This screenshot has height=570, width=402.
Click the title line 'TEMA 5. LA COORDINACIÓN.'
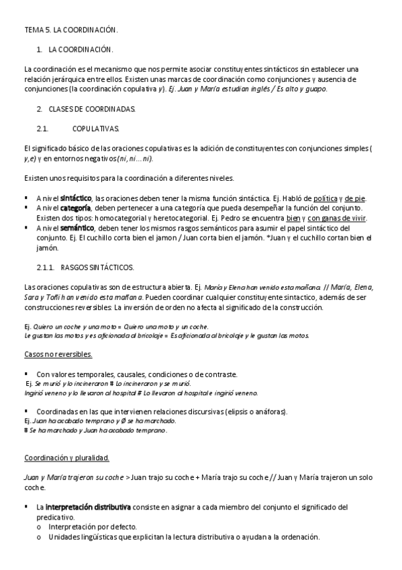pyautogui.click(x=70, y=30)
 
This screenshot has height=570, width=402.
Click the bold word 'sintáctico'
pyautogui.click(x=76, y=199)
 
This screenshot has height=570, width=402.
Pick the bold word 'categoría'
pyautogui.click(x=76, y=208)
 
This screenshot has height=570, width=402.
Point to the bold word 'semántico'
pyautogui.click(x=77, y=229)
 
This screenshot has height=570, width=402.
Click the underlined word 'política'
pyautogui.click(x=325, y=199)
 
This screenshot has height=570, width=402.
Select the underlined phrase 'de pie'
pyautogui.click(x=356, y=199)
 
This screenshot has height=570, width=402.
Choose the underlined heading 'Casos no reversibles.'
pyautogui.click(x=58, y=354)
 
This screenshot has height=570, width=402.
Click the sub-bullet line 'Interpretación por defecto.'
pyautogui.click(x=91, y=528)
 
